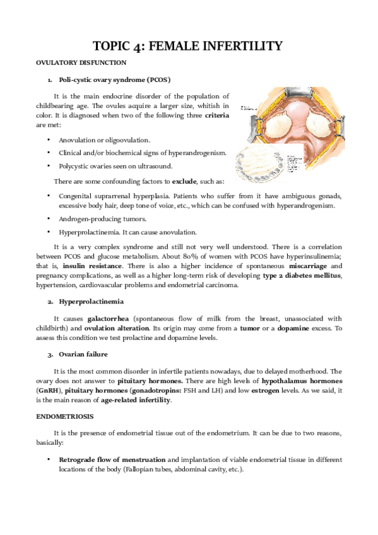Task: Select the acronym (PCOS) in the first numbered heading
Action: coord(155,80)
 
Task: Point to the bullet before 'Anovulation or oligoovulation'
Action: coord(49,139)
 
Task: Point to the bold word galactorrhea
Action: coord(111,319)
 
